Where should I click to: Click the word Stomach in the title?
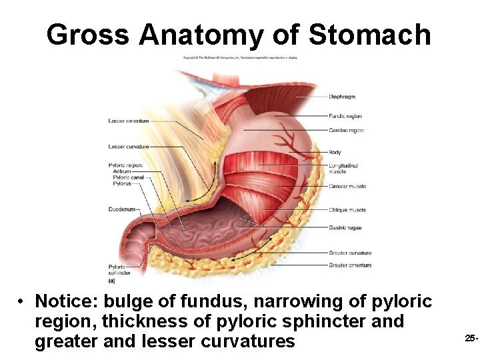(374, 34)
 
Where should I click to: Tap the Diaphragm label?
(342, 97)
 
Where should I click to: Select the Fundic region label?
(345, 116)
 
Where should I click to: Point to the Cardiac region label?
(346, 131)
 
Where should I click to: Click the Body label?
(335, 153)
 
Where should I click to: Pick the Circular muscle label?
(347, 187)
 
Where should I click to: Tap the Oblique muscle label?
(347, 210)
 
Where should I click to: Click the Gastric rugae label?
(345, 227)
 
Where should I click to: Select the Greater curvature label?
(350, 253)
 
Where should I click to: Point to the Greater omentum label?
(350, 265)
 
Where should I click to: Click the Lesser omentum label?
(129, 121)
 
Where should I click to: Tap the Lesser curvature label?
(129, 147)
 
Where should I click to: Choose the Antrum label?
(122, 171)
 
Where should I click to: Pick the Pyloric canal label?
(128, 177)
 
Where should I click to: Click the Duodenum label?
(122, 209)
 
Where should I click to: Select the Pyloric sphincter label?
(119, 270)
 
